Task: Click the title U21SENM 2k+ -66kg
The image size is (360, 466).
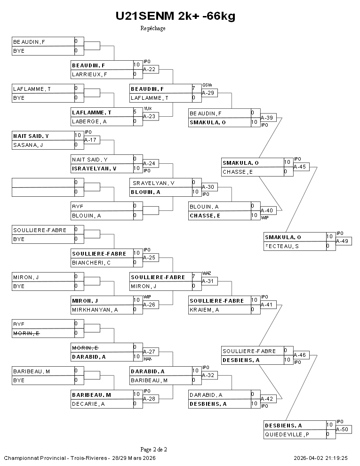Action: pos(176,16)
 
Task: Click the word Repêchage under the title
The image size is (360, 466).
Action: pos(153,28)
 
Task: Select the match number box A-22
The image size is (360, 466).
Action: pos(152,69)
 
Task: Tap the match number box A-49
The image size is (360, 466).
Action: pos(343,241)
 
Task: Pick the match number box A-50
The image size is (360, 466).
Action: pos(343,430)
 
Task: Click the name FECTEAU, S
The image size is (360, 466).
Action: pos(282,246)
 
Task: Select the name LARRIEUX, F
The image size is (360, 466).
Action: pos(89,74)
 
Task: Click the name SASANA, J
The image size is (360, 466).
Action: pos(28,145)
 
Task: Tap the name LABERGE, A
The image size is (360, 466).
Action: pos(89,121)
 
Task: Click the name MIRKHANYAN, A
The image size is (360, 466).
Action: pos(95,310)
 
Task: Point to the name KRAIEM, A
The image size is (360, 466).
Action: pos(204,310)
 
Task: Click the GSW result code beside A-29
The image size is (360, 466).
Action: pos(207,85)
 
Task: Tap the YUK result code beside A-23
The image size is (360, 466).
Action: pos(147,108)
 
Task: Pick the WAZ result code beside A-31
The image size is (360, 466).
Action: pos(207,273)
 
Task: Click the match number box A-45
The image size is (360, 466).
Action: pos(301,167)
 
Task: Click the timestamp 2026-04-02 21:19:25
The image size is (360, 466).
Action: pos(320,458)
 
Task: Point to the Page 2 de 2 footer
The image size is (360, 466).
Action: pos(153,449)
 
